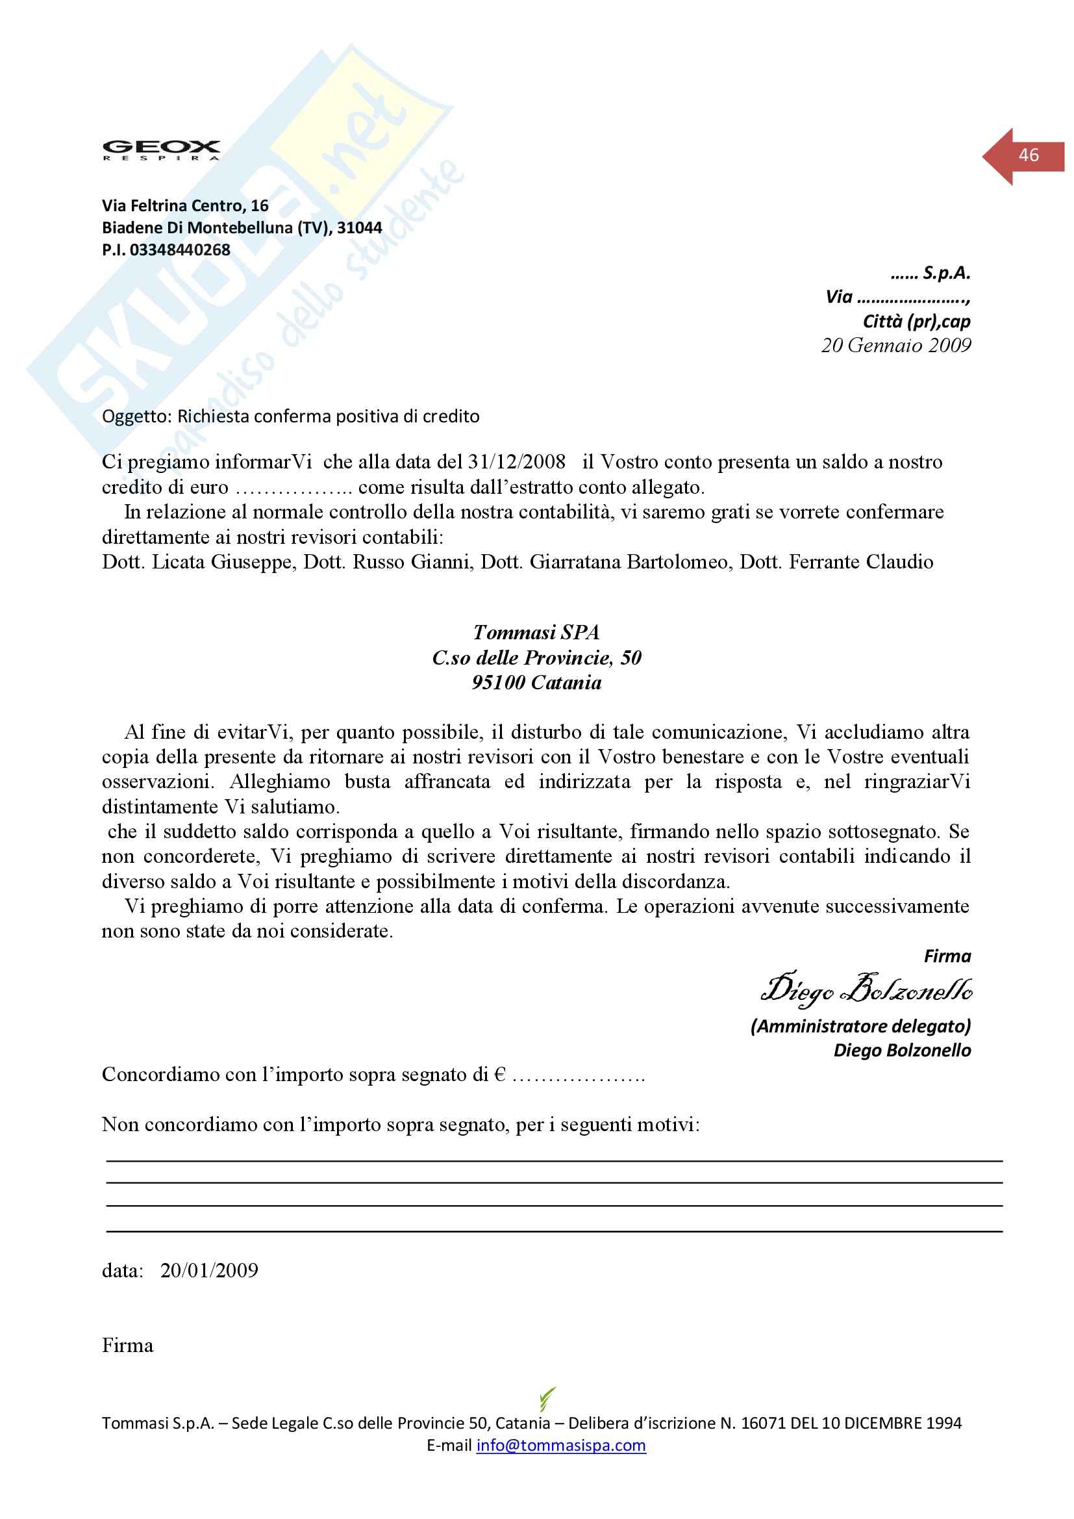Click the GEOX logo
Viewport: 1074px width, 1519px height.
click(x=160, y=149)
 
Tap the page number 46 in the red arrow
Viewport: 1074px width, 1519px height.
click(x=1029, y=155)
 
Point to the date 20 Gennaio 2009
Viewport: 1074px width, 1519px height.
click(x=895, y=346)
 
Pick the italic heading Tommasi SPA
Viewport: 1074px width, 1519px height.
click(x=536, y=632)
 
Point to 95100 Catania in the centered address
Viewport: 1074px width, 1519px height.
click(x=536, y=683)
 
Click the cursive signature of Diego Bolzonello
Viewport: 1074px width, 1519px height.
click(x=866, y=990)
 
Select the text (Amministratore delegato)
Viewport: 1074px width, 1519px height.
click(x=860, y=1026)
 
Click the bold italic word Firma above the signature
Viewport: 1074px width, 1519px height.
click(x=947, y=956)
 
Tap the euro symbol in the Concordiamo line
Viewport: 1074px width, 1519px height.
click(x=500, y=1075)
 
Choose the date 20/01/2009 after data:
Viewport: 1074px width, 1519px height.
click(x=209, y=1270)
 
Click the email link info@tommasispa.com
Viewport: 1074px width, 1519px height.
click(x=561, y=1445)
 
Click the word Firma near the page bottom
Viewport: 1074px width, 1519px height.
click(x=128, y=1346)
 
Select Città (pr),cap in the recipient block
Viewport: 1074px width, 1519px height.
click(x=916, y=322)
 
